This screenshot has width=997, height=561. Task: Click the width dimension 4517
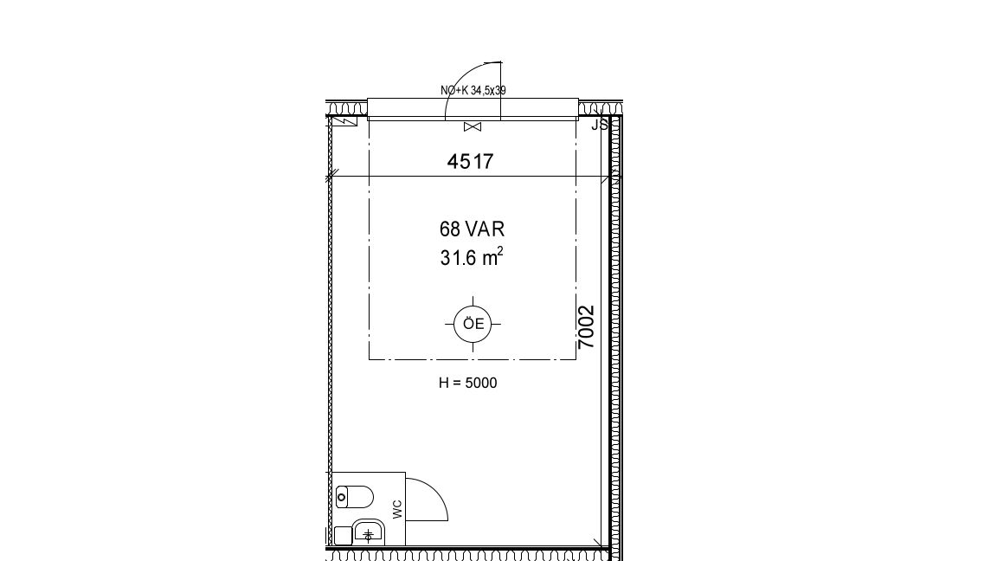pos(470,162)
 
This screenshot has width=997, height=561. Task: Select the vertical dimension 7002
pos(586,327)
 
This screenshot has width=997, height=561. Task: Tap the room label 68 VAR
pos(472,229)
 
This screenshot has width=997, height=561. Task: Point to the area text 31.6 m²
pos(472,257)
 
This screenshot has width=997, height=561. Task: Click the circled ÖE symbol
pos(473,324)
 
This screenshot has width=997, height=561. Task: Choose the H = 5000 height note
pos(468,383)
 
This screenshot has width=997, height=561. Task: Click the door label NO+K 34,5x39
pos(473,90)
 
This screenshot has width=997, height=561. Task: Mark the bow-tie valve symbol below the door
pos(473,127)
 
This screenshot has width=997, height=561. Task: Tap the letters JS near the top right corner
pos(600,125)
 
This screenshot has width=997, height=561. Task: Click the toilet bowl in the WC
pos(354,497)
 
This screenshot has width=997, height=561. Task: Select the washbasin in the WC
pos(369,532)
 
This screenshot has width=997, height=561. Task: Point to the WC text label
pos(397,509)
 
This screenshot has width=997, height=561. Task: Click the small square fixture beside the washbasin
pos(344,536)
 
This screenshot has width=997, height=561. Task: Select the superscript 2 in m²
pos(500,250)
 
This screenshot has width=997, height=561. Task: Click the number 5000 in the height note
pos(481,383)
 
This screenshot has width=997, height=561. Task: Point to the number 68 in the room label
pos(449,229)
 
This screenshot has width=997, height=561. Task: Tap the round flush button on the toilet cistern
pos(342,497)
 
